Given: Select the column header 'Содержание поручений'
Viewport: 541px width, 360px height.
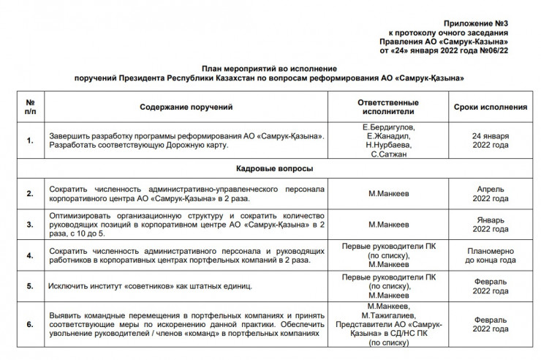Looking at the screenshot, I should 186,107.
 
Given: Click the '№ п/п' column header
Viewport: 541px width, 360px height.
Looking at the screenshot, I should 30,107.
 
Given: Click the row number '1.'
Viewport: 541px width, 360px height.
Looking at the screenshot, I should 30,141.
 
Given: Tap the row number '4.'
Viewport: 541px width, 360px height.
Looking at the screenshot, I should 30,256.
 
